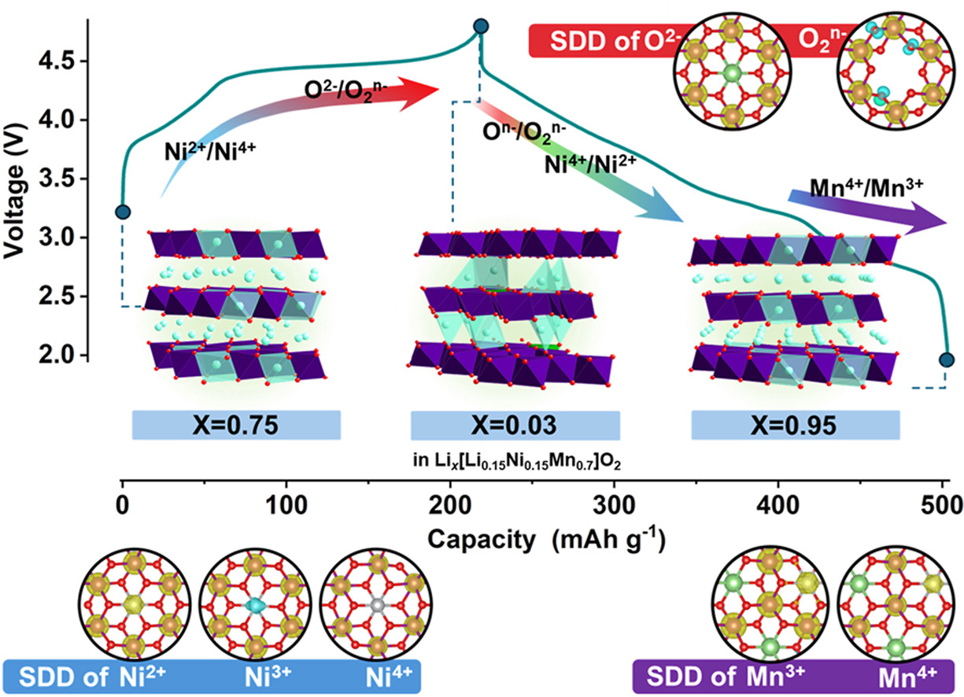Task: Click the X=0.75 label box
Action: click(x=236, y=425)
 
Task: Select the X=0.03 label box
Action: click(x=515, y=425)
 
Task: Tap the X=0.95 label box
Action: click(x=795, y=425)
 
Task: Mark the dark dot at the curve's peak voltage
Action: click(x=482, y=27)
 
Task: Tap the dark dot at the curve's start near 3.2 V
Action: click(x=122, y=212)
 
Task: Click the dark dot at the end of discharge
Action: click(x=946, y=360)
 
